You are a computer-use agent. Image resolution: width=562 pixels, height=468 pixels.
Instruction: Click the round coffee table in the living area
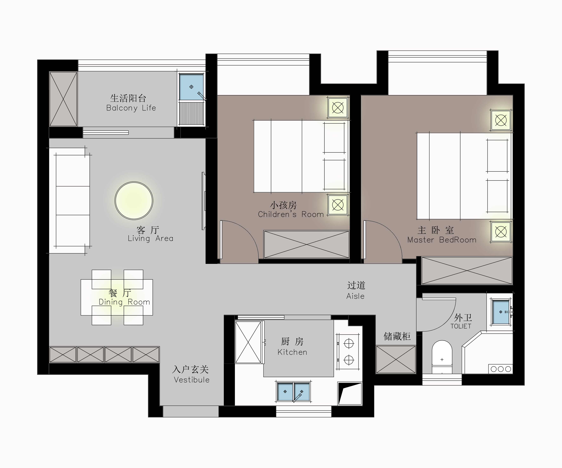134,201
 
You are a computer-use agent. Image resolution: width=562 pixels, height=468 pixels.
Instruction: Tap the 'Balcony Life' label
131,108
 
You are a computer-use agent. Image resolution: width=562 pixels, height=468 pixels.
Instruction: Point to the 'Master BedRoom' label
442,240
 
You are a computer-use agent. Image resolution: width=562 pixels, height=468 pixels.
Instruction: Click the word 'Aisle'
355,296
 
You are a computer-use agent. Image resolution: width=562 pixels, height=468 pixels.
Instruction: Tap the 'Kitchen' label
292,352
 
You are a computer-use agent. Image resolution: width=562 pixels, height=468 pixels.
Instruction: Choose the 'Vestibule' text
192,380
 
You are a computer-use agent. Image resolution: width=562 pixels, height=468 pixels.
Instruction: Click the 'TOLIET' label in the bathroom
461,326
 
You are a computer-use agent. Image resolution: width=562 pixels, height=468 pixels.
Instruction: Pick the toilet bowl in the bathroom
442,357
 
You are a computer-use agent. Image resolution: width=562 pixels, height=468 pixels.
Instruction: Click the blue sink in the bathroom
501,312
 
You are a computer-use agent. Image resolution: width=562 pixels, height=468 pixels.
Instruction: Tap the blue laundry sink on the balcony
191,87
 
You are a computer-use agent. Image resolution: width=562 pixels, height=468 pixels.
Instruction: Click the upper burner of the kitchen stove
349,343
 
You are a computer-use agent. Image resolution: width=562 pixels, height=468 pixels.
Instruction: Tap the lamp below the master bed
501,232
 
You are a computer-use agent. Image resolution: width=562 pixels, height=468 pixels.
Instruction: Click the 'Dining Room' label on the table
125,302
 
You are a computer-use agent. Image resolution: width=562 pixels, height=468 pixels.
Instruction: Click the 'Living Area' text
150,238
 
